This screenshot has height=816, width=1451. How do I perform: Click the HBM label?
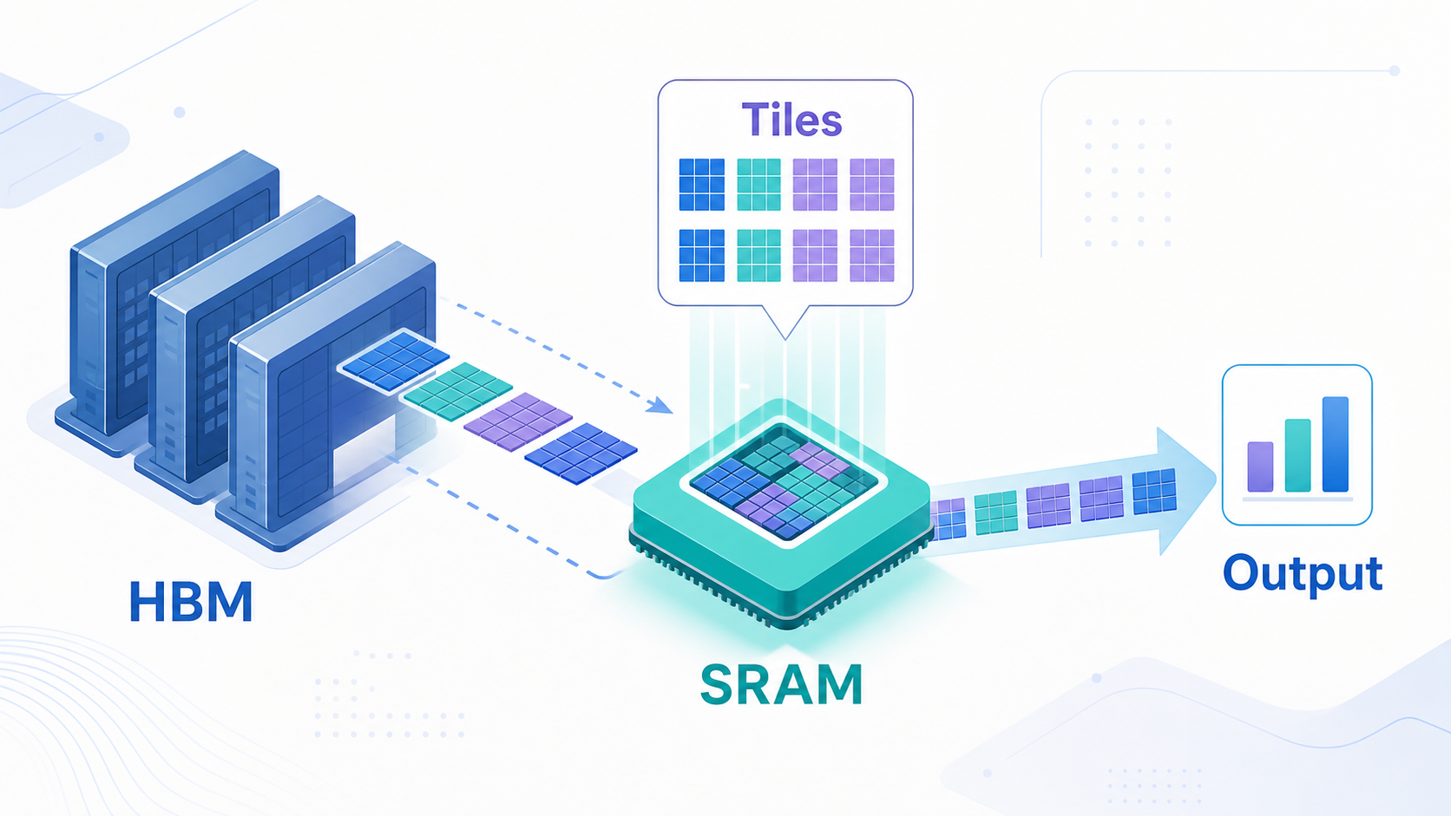191,601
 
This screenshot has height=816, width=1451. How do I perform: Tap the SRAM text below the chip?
781,685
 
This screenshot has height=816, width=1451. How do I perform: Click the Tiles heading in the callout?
791,120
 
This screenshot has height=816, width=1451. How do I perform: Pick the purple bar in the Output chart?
1260,467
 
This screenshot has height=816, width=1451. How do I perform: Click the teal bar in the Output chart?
1297,455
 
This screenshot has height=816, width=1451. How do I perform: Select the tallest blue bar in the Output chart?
1335,444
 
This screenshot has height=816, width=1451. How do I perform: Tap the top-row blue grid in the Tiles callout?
701,185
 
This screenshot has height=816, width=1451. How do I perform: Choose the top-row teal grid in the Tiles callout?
758,185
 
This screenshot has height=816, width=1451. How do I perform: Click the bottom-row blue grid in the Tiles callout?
701,256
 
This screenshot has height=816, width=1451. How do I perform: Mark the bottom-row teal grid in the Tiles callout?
758,256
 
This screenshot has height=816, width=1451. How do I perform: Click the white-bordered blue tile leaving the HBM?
395,361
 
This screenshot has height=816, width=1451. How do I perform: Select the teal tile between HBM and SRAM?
457,388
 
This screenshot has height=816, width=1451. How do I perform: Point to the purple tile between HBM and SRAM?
518,421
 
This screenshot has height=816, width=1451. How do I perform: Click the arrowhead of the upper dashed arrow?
660,405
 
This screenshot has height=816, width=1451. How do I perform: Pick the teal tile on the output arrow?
995,512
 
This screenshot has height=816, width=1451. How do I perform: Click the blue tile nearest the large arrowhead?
1154,491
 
